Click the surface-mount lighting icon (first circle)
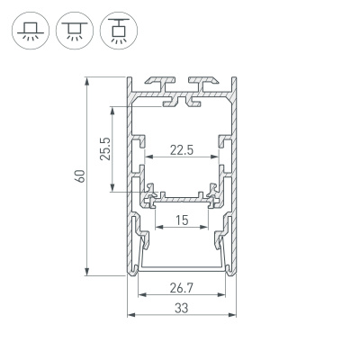[29, 30]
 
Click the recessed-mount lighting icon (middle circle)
[70, 30]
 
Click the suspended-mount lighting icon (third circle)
[112, 30]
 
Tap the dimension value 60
[79, 176]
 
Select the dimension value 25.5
[104, 148]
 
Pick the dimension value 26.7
[183, 289]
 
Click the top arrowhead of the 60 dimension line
[87, 79]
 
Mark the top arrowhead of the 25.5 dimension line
[112, 109]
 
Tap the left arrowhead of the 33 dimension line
[131, 316]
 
